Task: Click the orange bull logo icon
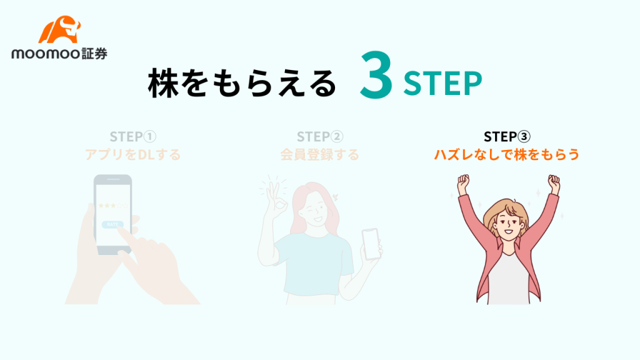[x=59, y=29]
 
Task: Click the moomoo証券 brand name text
[x=59, y=54]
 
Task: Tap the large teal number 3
[x=376, y=76]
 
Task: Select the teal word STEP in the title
[x=442, y=84]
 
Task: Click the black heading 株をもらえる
[x=242, y=83]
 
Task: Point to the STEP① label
[x=133, y=136]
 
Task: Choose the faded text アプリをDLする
[x=133, y=155]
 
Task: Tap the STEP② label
[x=320, y=136]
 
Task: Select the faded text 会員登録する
[x=320, y=155]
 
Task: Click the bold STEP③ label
[x=507, y=136]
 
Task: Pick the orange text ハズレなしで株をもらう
[x=507, y=155]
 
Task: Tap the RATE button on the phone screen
[x=112, y=224]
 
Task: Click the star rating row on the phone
[x=112, y=205]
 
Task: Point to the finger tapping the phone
[x=125, y=235]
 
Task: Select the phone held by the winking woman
[x=371, y=244]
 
